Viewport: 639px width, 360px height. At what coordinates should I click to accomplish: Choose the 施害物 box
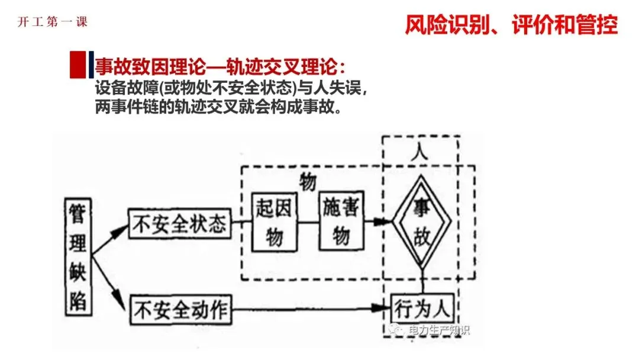[x=340, y=221]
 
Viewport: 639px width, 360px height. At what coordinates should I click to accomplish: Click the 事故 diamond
[x=422, y=223]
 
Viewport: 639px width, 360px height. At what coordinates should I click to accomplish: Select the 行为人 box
[x=421, y=308]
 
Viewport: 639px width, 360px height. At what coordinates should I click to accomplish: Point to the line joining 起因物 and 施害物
[x=307, y=222]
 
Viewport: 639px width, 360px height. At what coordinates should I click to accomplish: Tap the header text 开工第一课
[x=53, y=22]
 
